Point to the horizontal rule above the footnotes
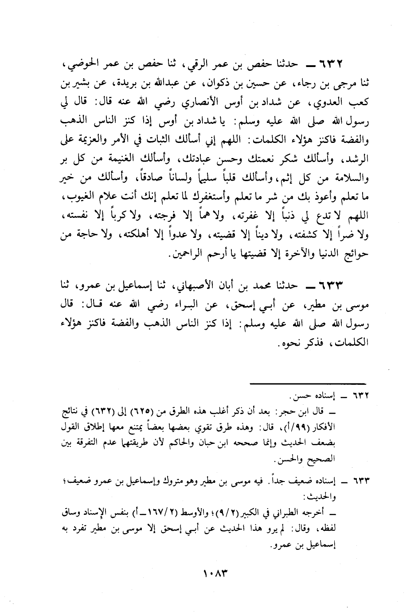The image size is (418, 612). tap(307, 383)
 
